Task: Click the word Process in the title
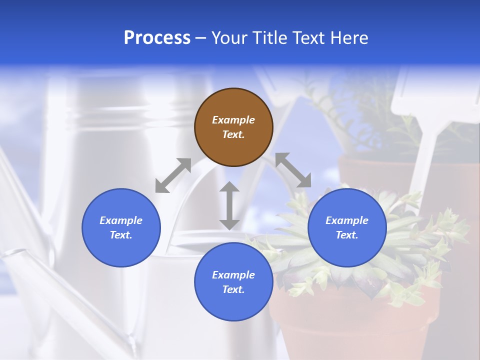pos(157,38)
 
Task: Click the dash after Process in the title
pos(201,38)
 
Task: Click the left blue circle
pos(121,227)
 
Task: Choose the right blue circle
pos(347,227)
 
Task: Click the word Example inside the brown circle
pos(233,120)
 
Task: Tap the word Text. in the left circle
pos(121,235)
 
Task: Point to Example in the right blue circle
pos(347,220)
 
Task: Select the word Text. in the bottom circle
pos(233,289)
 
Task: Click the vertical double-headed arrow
pos(229,205)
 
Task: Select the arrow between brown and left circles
pos(173,175)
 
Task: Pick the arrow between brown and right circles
pos(293,170)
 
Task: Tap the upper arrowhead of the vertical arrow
pos(229,187)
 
